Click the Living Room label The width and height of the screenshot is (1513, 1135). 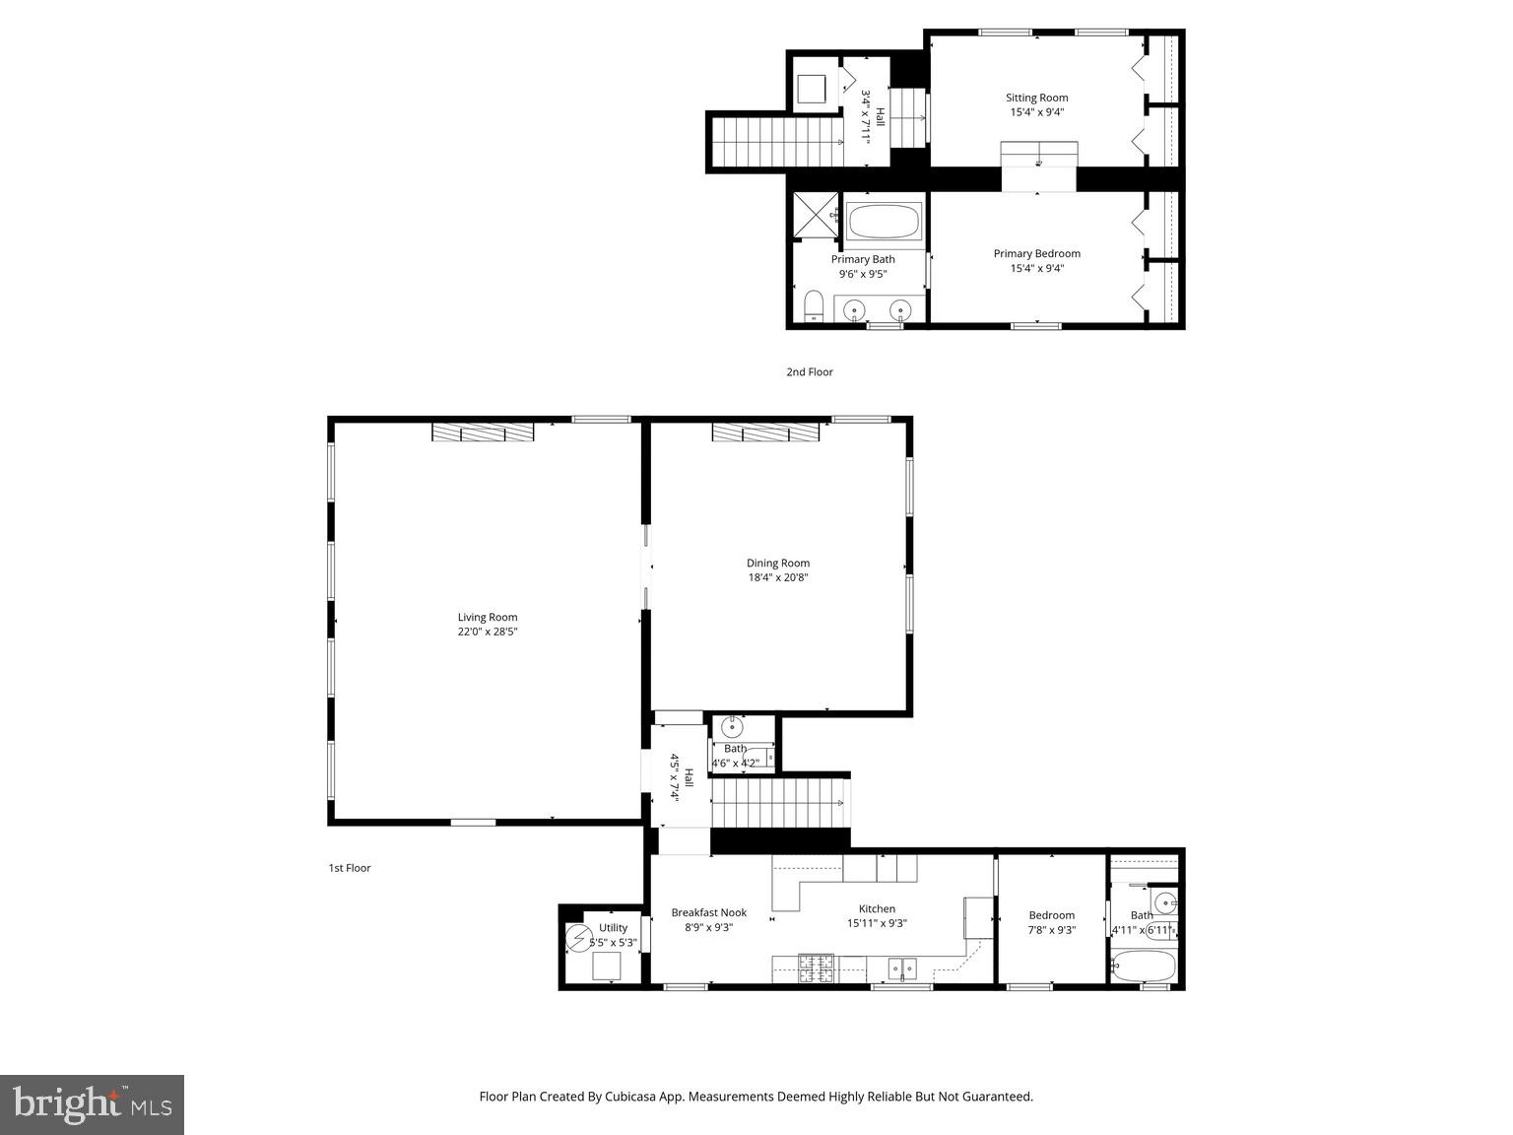(x=487, y=618)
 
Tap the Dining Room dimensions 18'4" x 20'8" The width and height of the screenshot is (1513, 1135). (x=777, y=578)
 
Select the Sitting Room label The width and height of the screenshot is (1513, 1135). (x=1036, y=98)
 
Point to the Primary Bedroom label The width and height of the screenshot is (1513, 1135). (x=1036, y=253)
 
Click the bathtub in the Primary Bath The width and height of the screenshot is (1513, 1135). (x=884, y=222)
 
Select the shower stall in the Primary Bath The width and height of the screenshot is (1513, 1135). (x=815, y=215)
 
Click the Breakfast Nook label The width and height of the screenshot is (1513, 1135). (x=708, y=912)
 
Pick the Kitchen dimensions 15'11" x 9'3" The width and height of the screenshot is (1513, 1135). (x=877, y=924)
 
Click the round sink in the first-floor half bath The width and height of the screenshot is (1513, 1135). (x=732, y=728)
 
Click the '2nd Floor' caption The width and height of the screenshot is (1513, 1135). (x=809, y=372)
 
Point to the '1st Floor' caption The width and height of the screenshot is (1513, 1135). (x=349, y=868)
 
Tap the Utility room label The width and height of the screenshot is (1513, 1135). (x=613, y=928)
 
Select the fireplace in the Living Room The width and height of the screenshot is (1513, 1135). (x=483, y=433)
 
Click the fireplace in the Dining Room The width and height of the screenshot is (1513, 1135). (x=765, y=433)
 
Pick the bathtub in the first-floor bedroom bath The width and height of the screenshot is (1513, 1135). (x=1143, y=966)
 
